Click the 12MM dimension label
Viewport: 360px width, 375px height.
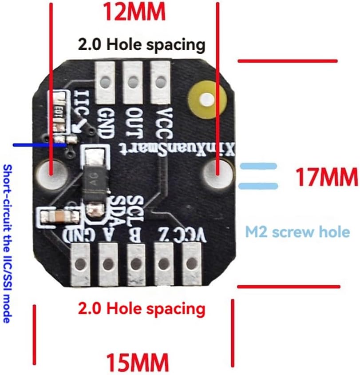[x=134, y=12]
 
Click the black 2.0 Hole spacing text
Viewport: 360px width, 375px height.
[x=142, y=45]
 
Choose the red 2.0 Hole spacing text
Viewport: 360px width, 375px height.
[x=142, y=308]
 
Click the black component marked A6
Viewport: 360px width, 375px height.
[x=95, y=177]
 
